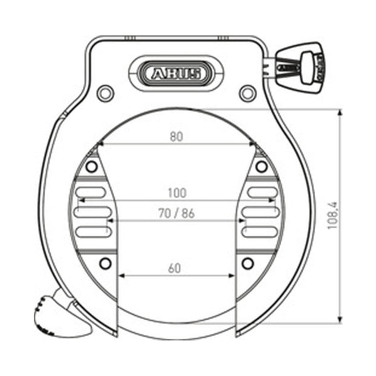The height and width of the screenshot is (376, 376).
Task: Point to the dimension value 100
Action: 176,192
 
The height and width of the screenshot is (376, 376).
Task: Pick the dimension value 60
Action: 175,268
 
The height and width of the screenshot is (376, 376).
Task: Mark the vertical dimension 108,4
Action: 332,215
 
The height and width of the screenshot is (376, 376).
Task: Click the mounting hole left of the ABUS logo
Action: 106,93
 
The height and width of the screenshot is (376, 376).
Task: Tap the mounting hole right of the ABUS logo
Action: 248,93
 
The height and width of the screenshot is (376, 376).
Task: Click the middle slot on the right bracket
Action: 260,212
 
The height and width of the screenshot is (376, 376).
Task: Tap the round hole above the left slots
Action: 92,167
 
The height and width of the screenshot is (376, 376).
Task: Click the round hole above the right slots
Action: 261,167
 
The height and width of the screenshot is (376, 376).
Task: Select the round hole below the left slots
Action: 105,261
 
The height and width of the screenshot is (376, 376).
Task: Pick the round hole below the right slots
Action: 248,261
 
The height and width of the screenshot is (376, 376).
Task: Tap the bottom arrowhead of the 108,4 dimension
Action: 340,320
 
